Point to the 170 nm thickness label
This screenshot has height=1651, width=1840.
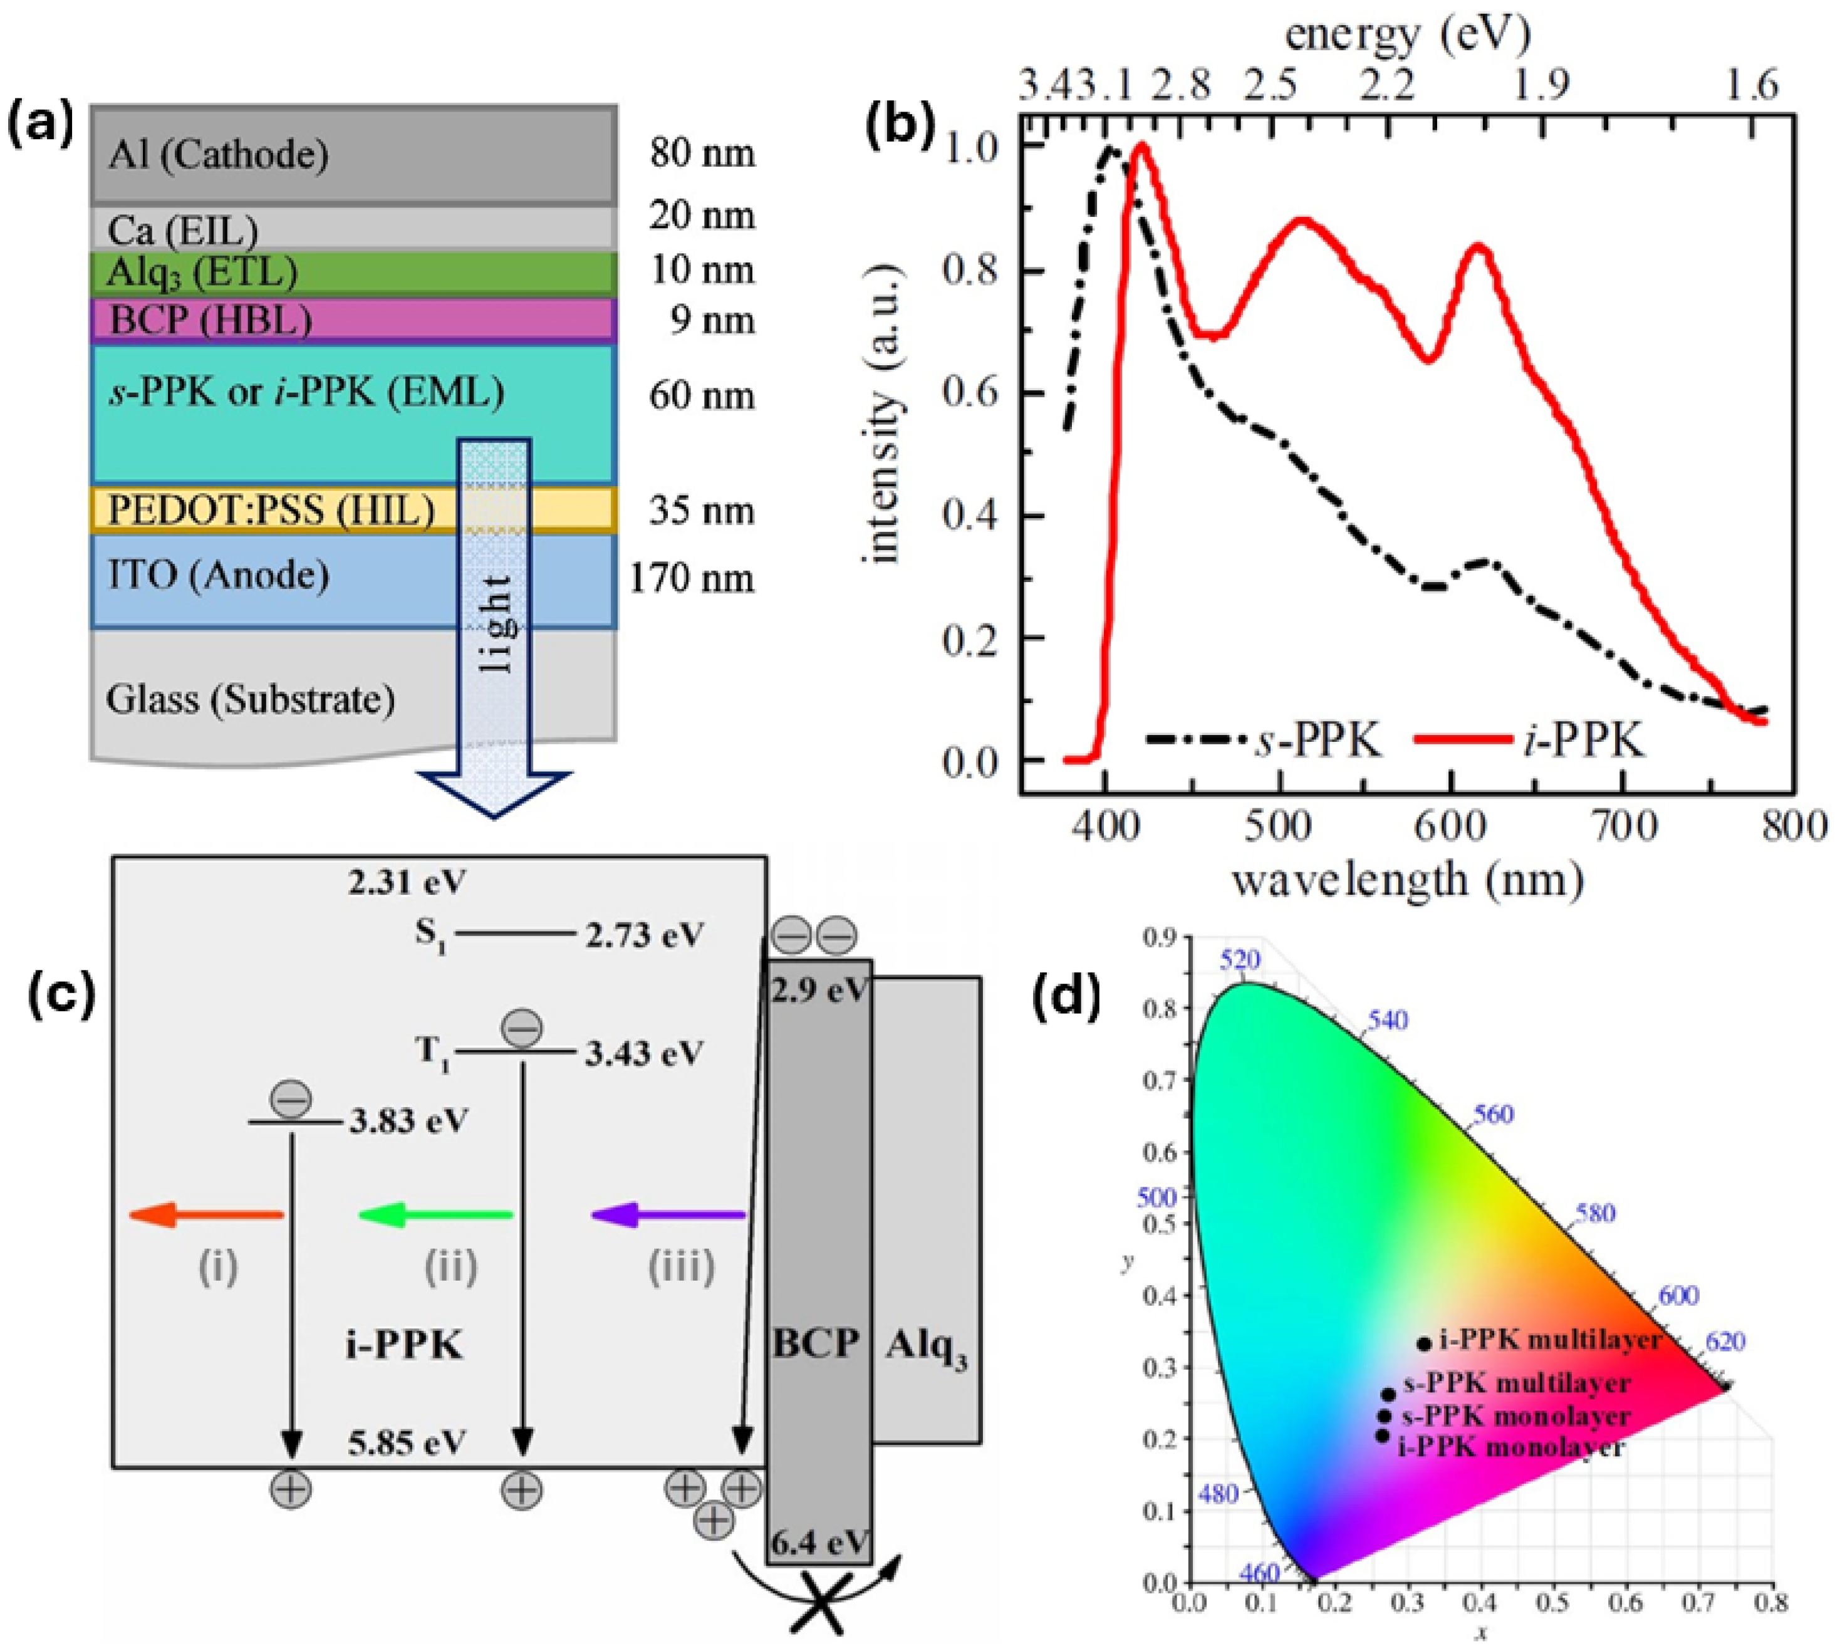691,578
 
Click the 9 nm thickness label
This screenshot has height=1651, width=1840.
712,320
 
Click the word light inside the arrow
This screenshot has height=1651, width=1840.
495,624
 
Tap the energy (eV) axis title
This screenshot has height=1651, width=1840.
1408,34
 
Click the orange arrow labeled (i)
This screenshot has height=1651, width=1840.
207,1215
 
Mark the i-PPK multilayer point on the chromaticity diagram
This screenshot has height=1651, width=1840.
1424,1343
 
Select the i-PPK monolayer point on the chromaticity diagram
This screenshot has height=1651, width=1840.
1382,1435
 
